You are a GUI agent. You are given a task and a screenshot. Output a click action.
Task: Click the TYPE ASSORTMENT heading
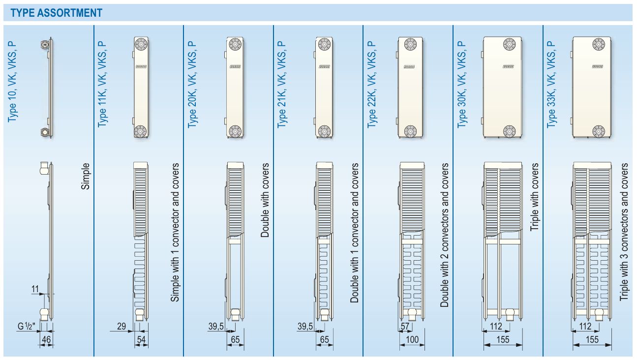[x=56, y=13]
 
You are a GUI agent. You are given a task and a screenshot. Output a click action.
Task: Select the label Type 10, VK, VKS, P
[x=12, y=82]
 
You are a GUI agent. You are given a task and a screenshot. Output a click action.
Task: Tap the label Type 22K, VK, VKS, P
[x=371, y=85]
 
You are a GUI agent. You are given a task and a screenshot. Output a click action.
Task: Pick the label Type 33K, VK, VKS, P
[x=551, y=85]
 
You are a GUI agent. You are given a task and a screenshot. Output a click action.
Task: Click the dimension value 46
[x=46, y=339]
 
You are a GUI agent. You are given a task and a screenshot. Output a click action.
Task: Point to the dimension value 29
[x=121, y=326]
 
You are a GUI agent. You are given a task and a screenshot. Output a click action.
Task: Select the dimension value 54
[x=141, y=339]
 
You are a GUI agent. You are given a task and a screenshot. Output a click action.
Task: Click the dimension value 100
[x=412, y=339]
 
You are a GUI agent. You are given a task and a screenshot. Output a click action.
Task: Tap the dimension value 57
[x=405, y=326]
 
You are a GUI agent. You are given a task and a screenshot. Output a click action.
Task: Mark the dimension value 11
[x=35, y=289]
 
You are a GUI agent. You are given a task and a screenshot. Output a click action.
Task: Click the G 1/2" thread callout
[x=27, y=326]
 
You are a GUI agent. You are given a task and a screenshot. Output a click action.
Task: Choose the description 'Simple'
[x=85, y=176]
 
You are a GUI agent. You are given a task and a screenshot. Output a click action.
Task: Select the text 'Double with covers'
[x=265, y=200]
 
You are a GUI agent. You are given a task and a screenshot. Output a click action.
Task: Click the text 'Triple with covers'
[x=535, y=197]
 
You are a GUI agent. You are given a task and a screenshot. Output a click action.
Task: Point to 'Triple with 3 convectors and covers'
[x=624, y=232]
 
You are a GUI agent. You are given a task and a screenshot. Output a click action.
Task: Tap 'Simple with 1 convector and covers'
[x=175, y=232]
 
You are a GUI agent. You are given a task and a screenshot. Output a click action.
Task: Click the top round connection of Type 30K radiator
[x=509, y=44]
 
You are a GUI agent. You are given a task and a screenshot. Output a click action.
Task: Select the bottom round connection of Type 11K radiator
[x=140, y=131]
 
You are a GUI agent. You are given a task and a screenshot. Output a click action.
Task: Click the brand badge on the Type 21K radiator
[x=324, y=67]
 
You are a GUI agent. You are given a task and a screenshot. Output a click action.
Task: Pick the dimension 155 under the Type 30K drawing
[x=503, y=339]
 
